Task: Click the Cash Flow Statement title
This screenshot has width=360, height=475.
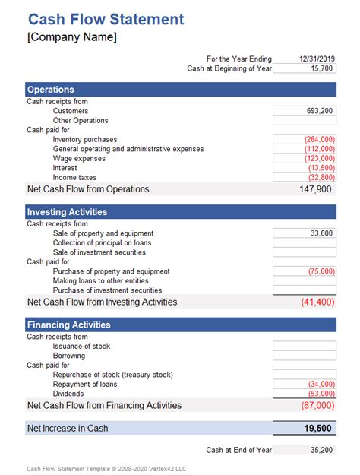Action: pyautogui.click(x=106, y=20)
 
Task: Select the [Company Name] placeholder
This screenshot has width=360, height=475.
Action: pyautogui.click(x=71, y=37)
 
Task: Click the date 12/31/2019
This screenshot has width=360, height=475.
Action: pyautogui.click(x=316, y=59)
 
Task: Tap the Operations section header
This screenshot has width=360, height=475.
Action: pyautogui.click(x=51, y=90)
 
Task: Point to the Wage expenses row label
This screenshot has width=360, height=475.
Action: pyautogui.click(x=79, y=159)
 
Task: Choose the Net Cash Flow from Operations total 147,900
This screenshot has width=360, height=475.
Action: pyautogui.click(x=315, y=188)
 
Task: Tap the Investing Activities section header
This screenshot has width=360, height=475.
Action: pyautogui.click(x=67, y=212)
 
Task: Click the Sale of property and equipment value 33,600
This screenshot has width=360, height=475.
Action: pyautogui.click(x=321, y=233)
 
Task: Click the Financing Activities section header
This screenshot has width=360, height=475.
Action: pyautogui.click(x=69, y=325)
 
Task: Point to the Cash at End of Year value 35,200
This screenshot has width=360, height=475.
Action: pyautogui.click(x=321, y=450)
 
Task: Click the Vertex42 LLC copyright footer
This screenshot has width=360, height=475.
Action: pyautogui.click(x=106, y=469)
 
